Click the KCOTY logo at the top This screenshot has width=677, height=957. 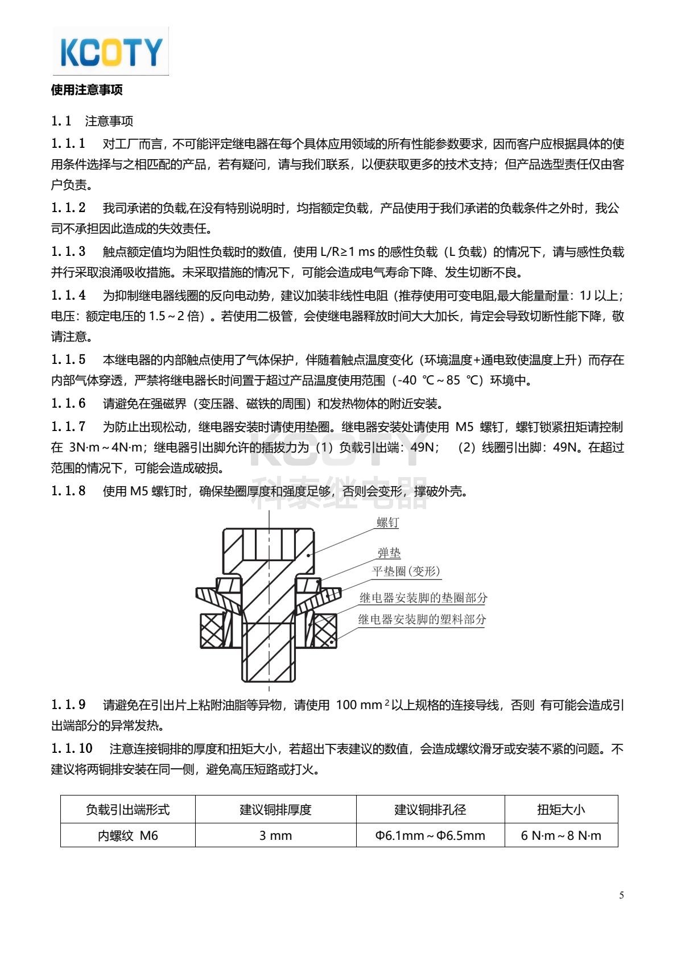(x=111, y=52)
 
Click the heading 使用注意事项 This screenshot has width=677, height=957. (x=86, y=90)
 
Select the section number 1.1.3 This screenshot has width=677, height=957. (x=68, y=251)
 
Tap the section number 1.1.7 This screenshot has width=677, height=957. (x=68, y=426)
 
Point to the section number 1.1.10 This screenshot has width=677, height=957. (x=72, y=748)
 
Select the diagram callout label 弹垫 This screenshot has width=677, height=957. (x=389, y=553)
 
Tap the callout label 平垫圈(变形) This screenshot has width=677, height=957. (x=406, y=571)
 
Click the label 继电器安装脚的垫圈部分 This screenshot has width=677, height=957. (x=423, y=598)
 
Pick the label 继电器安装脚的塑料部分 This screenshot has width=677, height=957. (x=422, y=619)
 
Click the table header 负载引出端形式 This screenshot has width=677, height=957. (x=127, y=809)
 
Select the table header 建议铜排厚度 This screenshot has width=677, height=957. (x=275, y=809)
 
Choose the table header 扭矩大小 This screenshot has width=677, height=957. (x=561, y=809)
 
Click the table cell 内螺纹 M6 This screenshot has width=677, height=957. (x=127, y=835)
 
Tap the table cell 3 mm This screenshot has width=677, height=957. (x=275, y=835)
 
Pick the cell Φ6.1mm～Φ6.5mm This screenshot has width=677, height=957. (x=430, y=835)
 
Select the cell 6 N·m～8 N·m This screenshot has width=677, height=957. (x=561, y=835)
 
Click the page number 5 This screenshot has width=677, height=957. (x=621, y=896)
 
